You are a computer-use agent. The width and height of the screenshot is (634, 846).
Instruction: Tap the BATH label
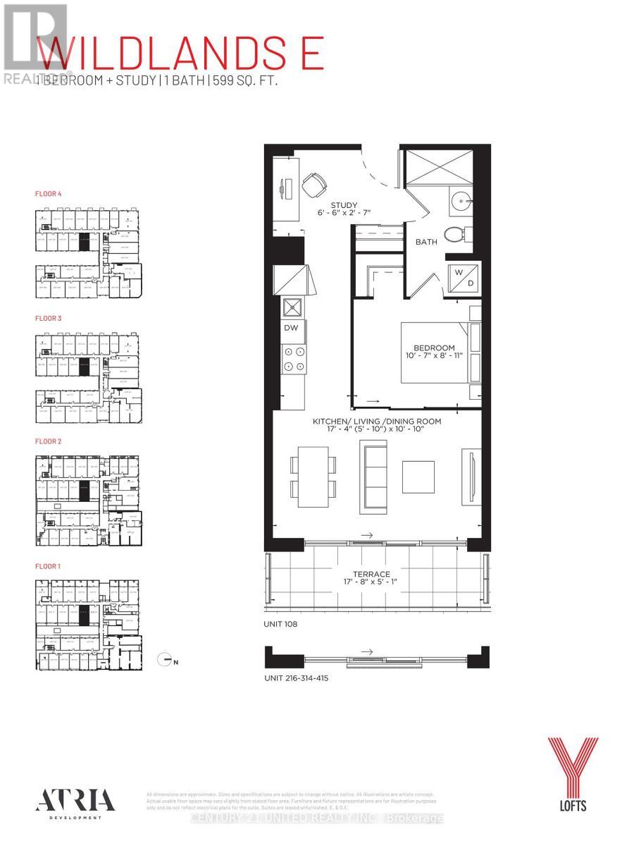[425, 242]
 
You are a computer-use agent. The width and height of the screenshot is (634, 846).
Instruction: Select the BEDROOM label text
[433, 348]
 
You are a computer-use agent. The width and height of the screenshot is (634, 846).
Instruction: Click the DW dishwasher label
[291, 327]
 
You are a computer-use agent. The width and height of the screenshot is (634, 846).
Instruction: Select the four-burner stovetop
[293, 358]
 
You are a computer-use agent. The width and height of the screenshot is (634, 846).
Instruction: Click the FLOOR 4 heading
[50, 192]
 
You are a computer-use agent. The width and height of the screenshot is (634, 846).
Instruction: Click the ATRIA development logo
[68, 801]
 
